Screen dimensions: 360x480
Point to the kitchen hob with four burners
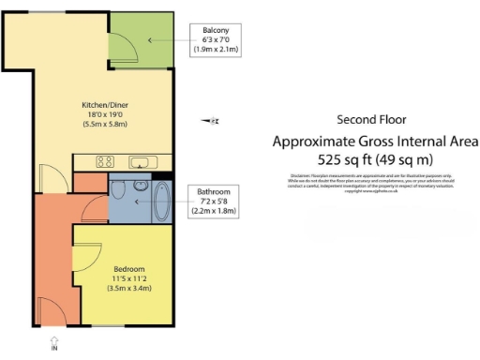pyautogui.click(x=105, y=162)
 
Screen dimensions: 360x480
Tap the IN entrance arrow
pyautogui.click(x=53, y=342)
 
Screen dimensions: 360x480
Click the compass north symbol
pyautogui.click(x=214, y=120)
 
